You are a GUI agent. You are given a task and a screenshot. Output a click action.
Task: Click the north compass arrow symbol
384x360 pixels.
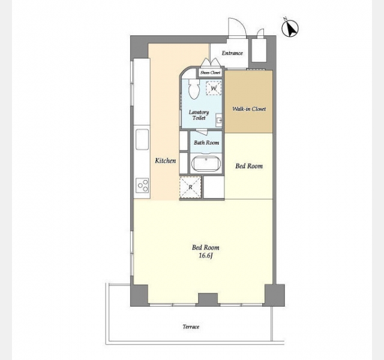[x=290, y=28]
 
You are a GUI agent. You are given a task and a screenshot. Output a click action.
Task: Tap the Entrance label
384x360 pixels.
[x=232, y=53]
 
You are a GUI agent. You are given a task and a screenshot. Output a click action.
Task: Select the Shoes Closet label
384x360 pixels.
[x=211, y=73]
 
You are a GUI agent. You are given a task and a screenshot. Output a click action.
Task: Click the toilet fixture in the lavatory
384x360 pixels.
[x=194, y=89]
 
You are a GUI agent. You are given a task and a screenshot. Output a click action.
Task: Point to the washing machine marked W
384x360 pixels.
[x=214, y=88]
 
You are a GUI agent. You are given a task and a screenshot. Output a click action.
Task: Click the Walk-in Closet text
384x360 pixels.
[x=249, y=109]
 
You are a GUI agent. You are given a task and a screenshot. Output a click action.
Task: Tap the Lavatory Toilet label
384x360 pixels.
[x=199, y=115]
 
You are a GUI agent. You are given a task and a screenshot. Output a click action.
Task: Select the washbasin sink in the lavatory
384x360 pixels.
[x=219, y=120]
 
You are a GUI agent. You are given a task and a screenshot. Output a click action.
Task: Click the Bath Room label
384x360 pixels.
[x=206, y=143]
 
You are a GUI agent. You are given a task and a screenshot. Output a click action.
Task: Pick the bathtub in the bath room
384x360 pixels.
[x=206, y=164]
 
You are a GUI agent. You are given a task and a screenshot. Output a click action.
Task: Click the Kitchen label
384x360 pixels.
[x=166, y=161]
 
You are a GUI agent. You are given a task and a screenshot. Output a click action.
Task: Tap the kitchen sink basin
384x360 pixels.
[x=142, y=139]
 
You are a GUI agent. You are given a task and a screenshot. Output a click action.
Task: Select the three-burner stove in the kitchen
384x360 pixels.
[x=143, y=185]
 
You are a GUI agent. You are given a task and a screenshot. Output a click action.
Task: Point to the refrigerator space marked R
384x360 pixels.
[x=190, y=187]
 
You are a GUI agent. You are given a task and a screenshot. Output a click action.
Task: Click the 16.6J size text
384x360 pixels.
[x=206, y=256]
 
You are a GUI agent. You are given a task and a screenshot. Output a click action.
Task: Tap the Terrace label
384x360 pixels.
[x=191, y=326]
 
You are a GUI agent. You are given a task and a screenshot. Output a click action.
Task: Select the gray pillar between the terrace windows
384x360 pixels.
[x=208, y=299]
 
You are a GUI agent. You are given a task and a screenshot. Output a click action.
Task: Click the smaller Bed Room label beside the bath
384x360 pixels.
[x=249, y=166]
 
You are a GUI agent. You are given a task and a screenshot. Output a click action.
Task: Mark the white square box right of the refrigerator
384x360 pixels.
[x=214, y=187]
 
